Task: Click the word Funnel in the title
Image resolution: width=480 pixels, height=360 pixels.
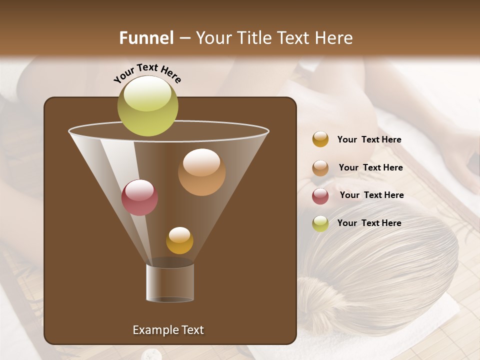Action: pos(146,38)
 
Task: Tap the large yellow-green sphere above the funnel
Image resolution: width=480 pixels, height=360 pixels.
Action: pos(147,105)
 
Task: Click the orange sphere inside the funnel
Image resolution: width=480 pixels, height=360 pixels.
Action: pos(201,172)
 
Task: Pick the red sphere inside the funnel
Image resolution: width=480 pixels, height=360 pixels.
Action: pos(139,197)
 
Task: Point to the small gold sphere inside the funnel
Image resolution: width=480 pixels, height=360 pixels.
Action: pos(179,240)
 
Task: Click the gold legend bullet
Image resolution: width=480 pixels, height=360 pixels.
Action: pos(320,139)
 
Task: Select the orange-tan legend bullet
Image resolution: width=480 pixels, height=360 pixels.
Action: pos(320,168)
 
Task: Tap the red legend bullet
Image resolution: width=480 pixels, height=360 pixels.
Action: pos(320,195)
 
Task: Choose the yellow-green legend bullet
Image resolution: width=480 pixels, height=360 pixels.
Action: pos(320,223)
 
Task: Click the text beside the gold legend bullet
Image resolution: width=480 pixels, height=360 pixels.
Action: pos(369,139)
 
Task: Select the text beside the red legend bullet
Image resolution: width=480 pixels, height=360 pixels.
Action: pos(371,195)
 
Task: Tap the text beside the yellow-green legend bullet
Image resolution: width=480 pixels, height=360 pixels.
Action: pos(369,223)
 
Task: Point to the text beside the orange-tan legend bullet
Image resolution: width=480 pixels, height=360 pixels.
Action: pos(370,167)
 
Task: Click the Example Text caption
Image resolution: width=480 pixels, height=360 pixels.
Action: pos(168,330)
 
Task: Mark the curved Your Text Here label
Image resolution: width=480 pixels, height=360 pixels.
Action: pos(147,73)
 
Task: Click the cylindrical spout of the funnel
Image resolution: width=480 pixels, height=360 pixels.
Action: pos(170,283)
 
